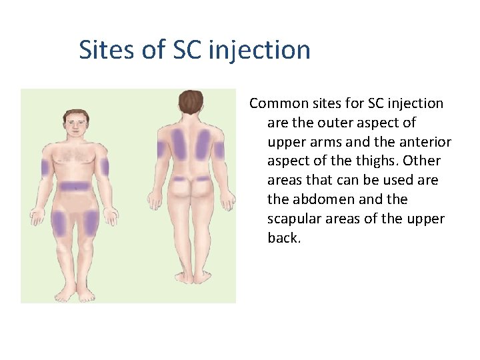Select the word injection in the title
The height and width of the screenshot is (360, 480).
tap(260, 50)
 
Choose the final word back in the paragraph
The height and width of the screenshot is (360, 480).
tap(283, 238)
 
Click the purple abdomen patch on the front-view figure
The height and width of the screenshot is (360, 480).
tap(74, 187)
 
